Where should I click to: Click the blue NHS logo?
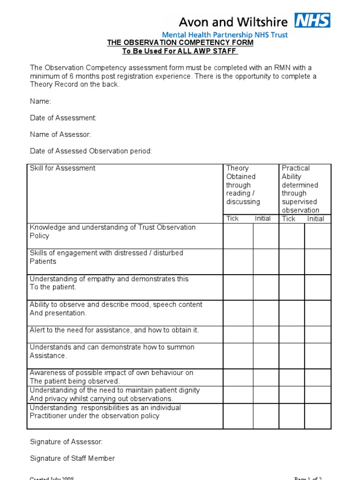tap(312, 20)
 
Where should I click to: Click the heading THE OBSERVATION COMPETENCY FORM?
tap(180, 43)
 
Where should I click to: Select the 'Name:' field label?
tap(41, 101)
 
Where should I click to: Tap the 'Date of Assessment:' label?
tap(63, 118)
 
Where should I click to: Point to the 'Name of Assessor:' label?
tap(60, 135)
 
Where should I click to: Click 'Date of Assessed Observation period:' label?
tap(91, 151)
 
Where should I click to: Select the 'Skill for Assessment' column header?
tap(62, 168)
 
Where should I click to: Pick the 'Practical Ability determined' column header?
tap(300, 189)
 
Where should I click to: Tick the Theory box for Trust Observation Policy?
tap(238, 236)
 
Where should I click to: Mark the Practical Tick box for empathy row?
tap(292, 287)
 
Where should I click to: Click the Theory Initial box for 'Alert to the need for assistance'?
tap(266, 334)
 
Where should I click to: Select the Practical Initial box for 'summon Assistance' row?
tap(318, 356)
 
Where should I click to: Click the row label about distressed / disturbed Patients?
tap(106, 257)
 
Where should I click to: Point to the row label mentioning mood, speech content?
tap(116, 309)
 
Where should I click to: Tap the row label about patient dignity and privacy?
tap(114, 394)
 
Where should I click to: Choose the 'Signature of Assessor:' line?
tap(66, 442)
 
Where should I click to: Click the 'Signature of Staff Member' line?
tap(72, 458)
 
